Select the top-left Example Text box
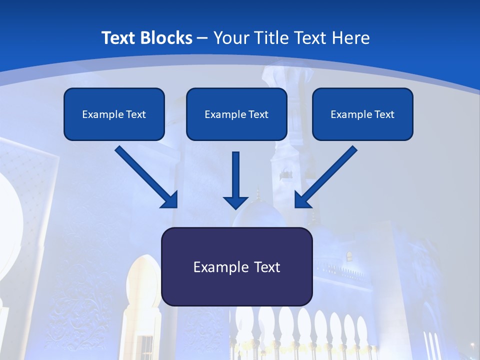point(114,114)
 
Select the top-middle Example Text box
point(236,114)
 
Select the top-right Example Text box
point(362,114)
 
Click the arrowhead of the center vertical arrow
point(235,202)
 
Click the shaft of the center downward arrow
point(235,172)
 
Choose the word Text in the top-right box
point(384,114)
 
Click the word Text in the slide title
point(119,38)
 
